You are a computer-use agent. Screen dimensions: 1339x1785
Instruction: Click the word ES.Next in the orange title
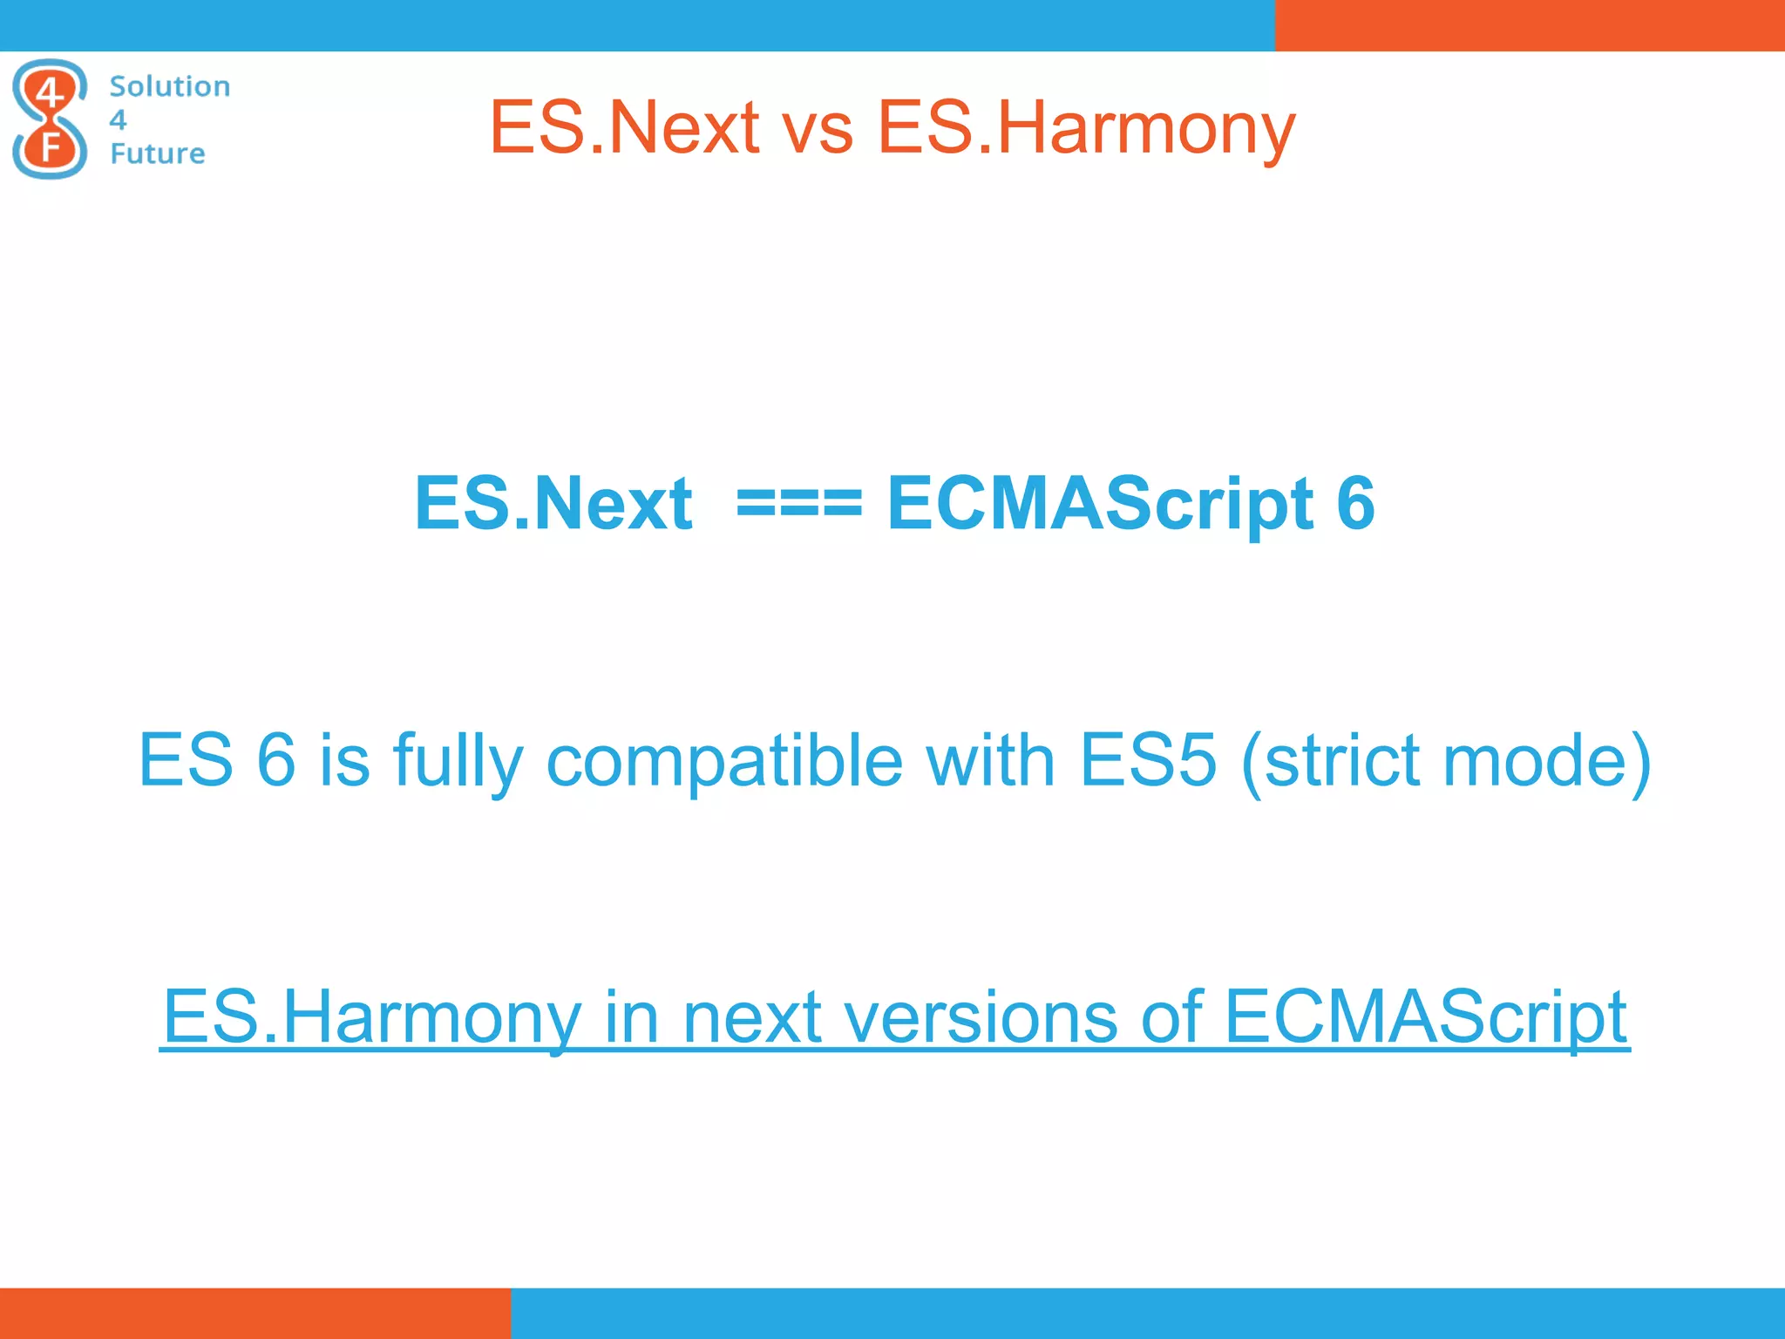pyautogui.click(x=623, y=128)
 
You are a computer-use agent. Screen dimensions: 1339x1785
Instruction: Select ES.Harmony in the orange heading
pyautogui.click(x=1086, y=128)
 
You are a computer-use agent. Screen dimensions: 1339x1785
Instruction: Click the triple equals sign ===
pyautogui.click(x=799, y=504)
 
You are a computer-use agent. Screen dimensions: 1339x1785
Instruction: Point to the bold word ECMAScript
pyautogui.click(x=1100, y=504)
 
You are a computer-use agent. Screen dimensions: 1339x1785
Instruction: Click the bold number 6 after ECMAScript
pyautogui.click(x=1355, y=504)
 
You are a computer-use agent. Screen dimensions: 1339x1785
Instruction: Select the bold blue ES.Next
pyautogui.click(x=553, y=504)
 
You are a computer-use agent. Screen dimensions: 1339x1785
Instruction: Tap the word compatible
pyautogui.click(x=724, y=760)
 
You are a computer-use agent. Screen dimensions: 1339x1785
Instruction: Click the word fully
pyautogui.click(x=458, y=760)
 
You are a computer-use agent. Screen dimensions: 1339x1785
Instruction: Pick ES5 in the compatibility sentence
pyautogui.click(x=1147, y=760)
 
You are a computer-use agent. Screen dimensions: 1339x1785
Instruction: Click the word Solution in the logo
pyautogui.click(x=170, y=86)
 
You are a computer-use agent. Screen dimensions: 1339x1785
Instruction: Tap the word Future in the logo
pyautogui.click(x=157, y=153)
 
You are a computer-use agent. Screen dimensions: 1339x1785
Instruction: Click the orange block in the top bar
pyautogui.click(x=1530, y=25)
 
